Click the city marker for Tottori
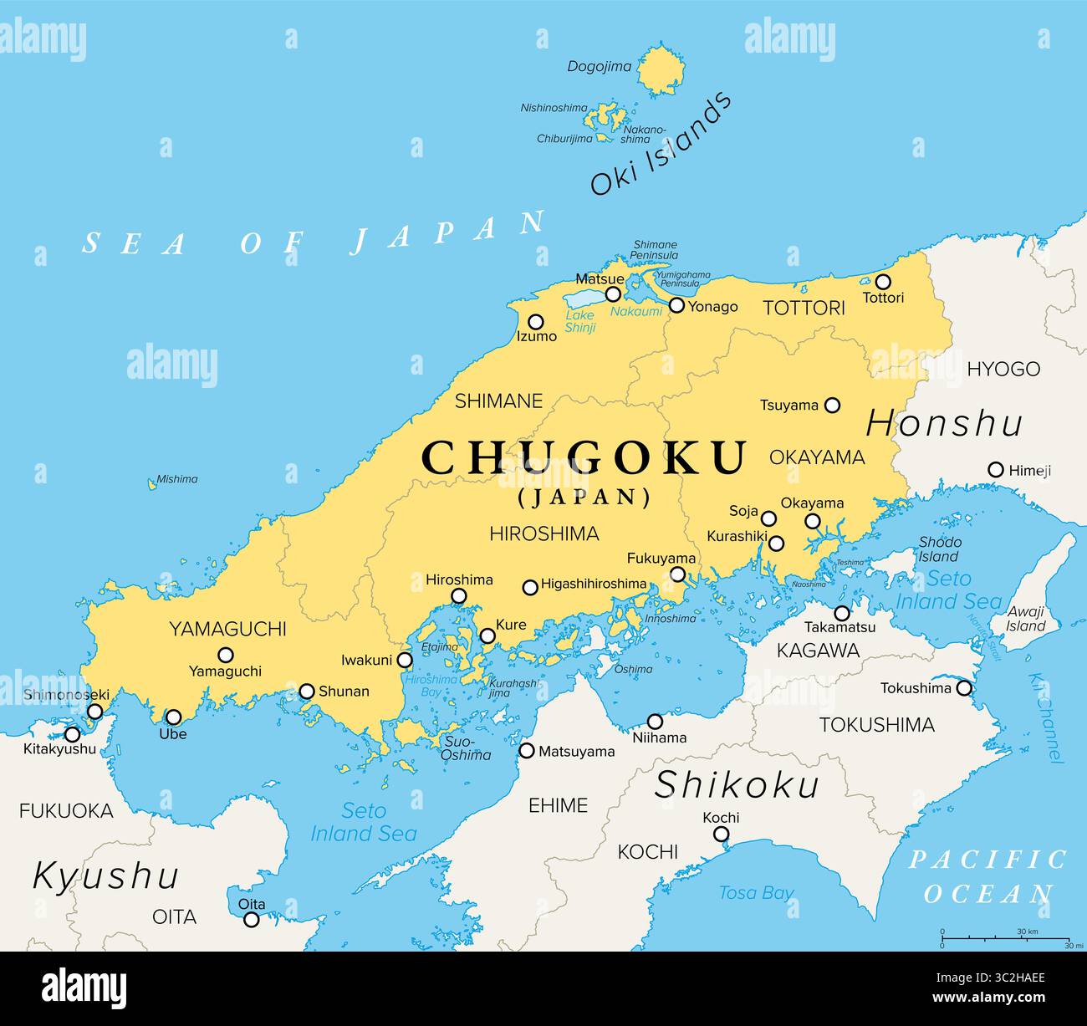(x=882, y=282)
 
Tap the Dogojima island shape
(x=661, y=70)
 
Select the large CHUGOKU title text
(x=584, y=457)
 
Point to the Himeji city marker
(x=995, y=470)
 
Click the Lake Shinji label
(x=579, y=322)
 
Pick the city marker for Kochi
(x=721, y=834)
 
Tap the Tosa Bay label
(x=756, y=893)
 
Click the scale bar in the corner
(x=1005, y=938)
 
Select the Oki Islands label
(x=661, y=145)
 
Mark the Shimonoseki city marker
(x=95, y=712)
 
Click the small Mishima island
(x=152, y=483)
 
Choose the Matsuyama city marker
(x=527, y=751)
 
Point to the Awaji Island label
(x=1025, y=619)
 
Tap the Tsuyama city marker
(x=832, y=405)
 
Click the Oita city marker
(x=251, y=920)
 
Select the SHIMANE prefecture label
(x=498, y=401)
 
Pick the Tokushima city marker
(x=963, y=688)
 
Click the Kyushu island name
(x=105, y=876)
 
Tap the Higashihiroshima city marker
(x=529, y=588)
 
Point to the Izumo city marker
(x=535, y=322)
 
